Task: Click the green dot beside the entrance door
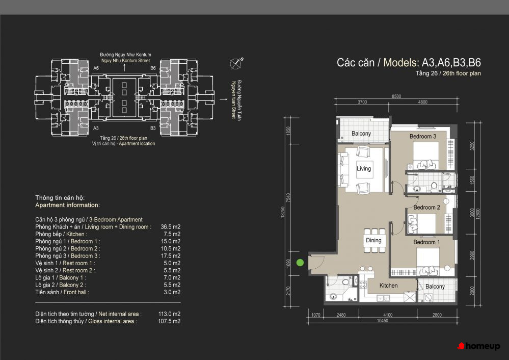300,263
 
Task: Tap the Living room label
364,169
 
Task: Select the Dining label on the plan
373,241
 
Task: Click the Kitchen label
389,286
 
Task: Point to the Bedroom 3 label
423,137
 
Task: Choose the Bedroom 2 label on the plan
426,208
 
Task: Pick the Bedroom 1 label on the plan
426,242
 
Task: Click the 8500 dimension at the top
396,96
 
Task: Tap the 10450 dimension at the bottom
383,321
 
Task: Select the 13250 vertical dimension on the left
282,212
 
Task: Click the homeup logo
478,346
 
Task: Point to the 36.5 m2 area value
170,227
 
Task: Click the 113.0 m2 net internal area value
169,314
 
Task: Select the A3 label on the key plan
96,128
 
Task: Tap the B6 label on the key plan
153,68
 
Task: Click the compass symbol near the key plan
236,63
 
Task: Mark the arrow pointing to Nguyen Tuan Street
223,99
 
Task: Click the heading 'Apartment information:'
68,205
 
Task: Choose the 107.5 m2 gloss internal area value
169,321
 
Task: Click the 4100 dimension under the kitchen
388,315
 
